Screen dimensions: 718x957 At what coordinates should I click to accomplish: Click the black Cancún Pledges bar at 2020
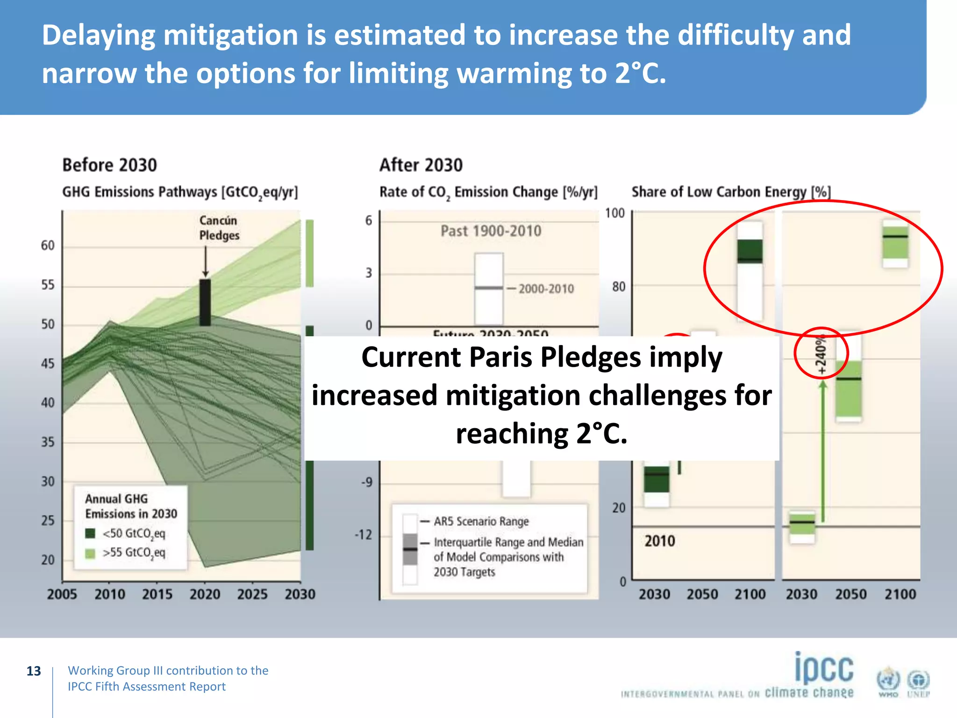coord(205,302)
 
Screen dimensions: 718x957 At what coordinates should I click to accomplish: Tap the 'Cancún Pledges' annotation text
coord(219,228)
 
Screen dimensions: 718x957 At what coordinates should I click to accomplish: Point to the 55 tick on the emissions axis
coord(48,285)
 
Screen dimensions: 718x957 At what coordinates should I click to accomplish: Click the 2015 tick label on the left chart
coord(157,594)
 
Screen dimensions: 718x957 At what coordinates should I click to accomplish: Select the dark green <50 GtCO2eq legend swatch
coord(90,533)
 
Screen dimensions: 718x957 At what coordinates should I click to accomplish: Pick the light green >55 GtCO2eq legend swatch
coord(90,553)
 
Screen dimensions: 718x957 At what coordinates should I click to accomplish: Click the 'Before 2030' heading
coord(109,165)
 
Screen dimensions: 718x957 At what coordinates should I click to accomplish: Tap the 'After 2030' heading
coord(421,165)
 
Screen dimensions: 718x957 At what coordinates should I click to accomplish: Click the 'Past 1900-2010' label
coord(491,231)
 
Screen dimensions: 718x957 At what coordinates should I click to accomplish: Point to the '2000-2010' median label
coord(546,288)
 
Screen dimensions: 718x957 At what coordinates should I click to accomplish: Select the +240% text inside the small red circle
coord(821,354)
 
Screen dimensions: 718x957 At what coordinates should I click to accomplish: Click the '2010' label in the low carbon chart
coord(659,541)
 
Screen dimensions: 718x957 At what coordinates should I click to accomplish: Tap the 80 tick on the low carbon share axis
coord(618,287)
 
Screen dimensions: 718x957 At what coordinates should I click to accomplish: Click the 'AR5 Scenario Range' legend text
coord(481,521)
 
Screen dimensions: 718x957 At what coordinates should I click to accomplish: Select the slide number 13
coord(34,671)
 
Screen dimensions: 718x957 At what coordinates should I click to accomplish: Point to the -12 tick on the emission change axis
coord(364,534)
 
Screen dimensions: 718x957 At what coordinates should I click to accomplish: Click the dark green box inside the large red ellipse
coord(750,251)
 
